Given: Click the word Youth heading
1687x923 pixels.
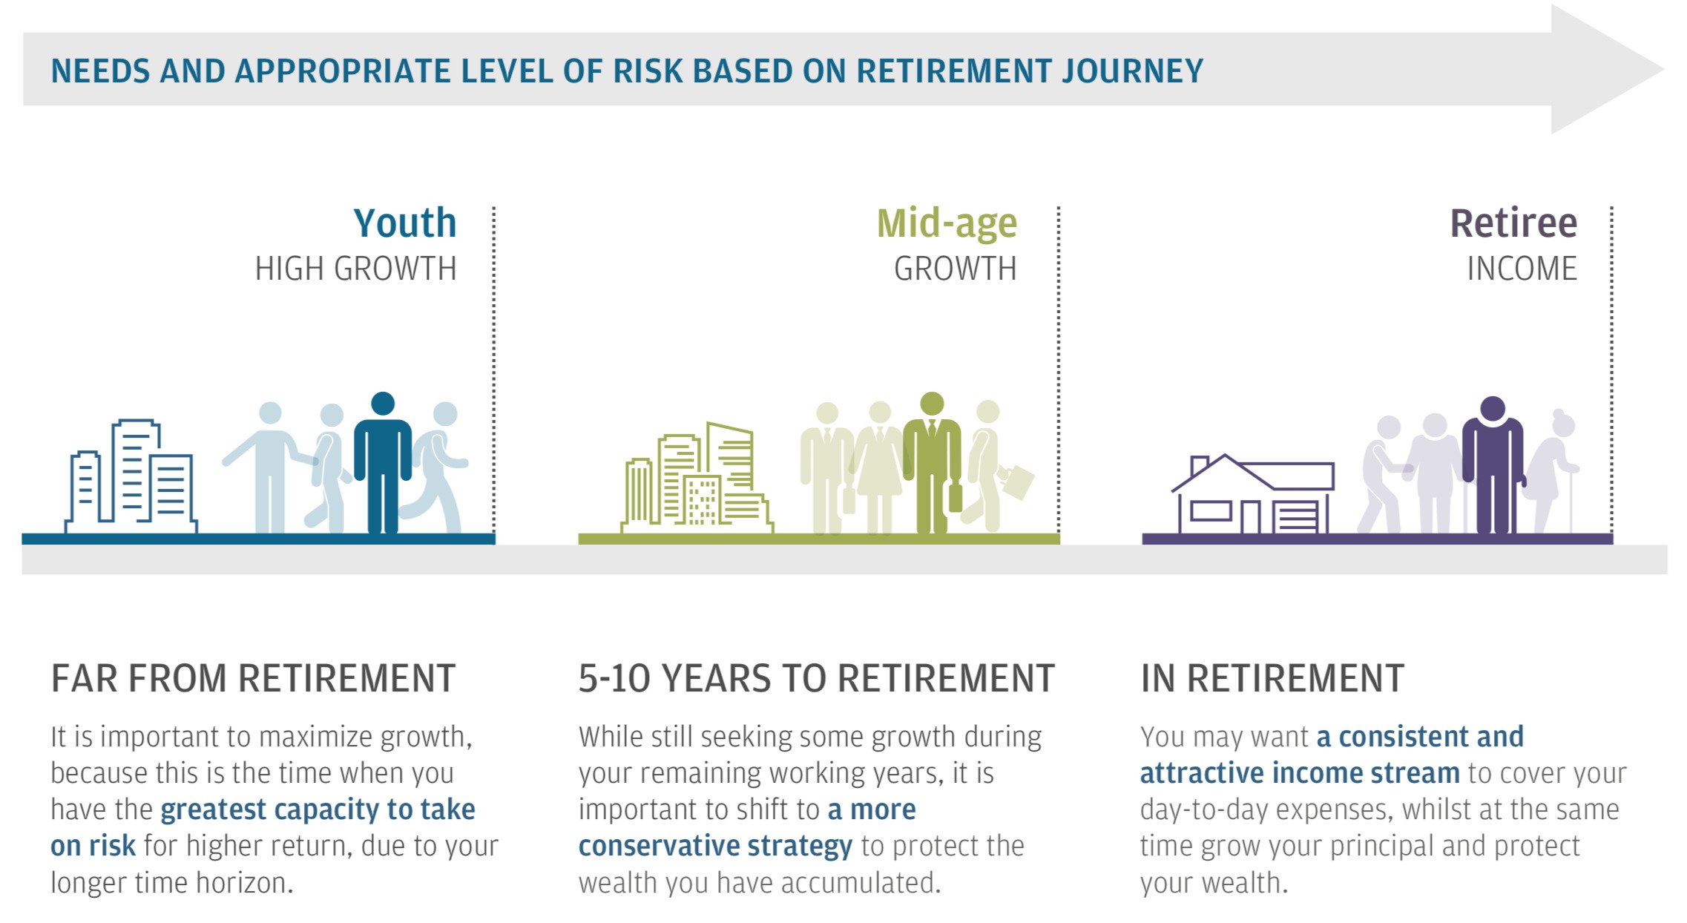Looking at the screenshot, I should pyautogui.click(x=404, y=223).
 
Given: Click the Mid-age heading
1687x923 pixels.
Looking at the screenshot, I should pyautogui.click(x=946, y=223).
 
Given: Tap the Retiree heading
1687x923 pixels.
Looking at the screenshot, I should pyautogui.click(x=1513, y=223).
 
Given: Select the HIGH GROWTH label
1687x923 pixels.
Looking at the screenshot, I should pyautogui.click(x=355, y=269).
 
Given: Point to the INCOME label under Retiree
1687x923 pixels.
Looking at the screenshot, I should pyautogui.click(x=1522, y=269).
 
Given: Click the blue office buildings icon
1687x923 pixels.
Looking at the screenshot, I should pyautogui.click(x=132, y=479).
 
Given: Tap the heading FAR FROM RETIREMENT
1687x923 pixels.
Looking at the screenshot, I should pyautogui.click(x=253, y=678).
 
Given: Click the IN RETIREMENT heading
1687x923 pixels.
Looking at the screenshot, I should pyautogui.click(x=1272, y=678).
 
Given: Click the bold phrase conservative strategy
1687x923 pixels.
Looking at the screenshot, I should pyautogui.click(x=715, y=846).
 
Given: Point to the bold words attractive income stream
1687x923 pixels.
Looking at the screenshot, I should pyautogui.click(x=1299, y=773).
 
